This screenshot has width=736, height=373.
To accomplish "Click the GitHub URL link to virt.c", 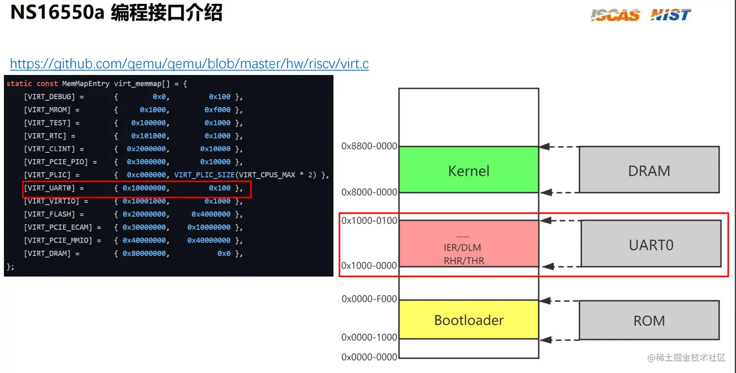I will pyautogui.click(x=189, y=64).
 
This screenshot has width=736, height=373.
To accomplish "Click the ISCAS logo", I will pyautogui.click(x=615, y=15).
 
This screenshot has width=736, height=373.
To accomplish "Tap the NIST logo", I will pyautogui.click(x=671, y=15).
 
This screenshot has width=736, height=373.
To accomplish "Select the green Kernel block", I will pyautogui.click(x=468, y=170).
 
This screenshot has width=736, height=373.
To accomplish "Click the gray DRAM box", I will pyautogui.click(x=649, y=170).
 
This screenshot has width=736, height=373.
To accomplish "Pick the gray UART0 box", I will pyautogui.click(x=651, y=244).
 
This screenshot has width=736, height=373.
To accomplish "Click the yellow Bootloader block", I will pyautogui.click(x=468, y=320).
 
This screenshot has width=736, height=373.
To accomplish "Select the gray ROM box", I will pyautogui.click(x=649, y=320).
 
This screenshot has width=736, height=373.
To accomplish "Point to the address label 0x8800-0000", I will pyautogui.click(x=369, y=146).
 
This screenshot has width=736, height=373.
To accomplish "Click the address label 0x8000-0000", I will pyautogui.click(x=369, y=192).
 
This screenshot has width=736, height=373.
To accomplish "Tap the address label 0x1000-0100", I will pyautogui.click(x=369, y=221).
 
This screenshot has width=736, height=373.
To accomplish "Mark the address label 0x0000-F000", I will pyautogui.click(x=369, y=299).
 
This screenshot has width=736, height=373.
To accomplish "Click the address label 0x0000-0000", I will pyautogui.click(x=369, y=357).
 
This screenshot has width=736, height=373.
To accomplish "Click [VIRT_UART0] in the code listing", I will pyautogui.click(x=50, y=188).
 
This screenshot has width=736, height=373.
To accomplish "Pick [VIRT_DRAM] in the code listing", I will pyautogui.click(x=48, y=254).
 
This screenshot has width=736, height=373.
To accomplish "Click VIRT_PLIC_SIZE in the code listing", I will pyautogui.click(x=204, y=175).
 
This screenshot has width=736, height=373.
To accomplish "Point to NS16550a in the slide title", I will pyautogui.click(x=57, y=13).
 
